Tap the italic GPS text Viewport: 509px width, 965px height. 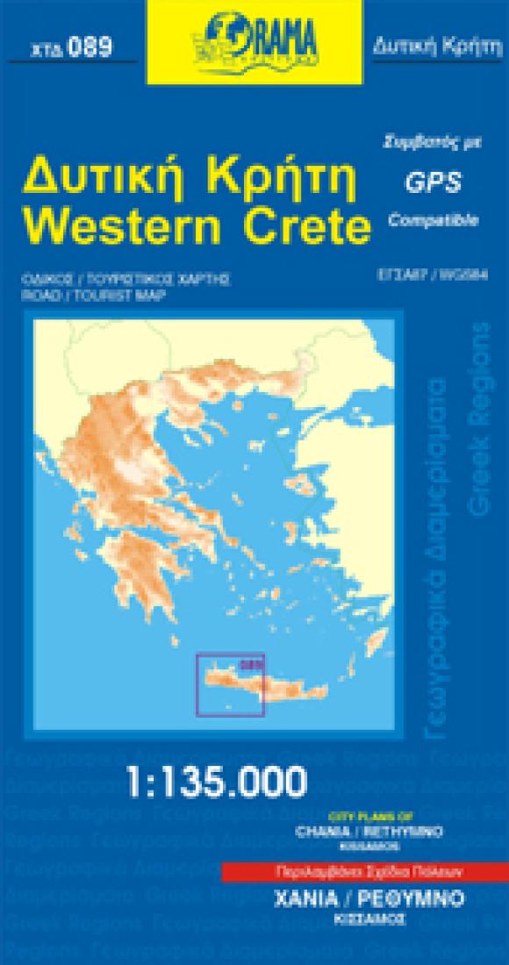tap(433, 181)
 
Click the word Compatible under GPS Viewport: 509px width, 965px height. tap(433, 219)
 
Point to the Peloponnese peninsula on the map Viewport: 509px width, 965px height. tap(140, 561)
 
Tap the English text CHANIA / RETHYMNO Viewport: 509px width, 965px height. tap(369, 829)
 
